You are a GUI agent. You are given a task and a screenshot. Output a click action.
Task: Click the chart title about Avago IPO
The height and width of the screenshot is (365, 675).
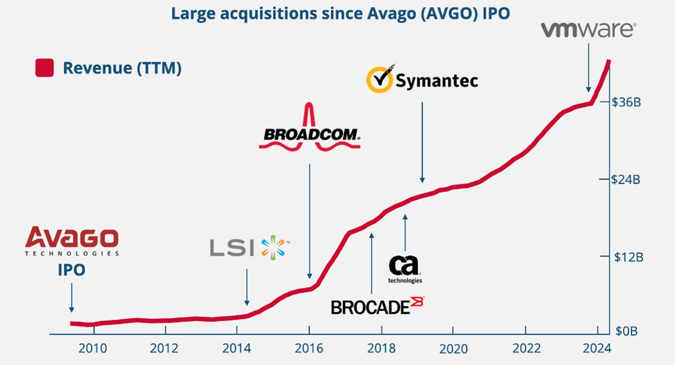click(340, 13)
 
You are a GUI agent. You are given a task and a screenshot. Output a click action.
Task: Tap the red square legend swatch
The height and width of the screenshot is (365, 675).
click(44, 68)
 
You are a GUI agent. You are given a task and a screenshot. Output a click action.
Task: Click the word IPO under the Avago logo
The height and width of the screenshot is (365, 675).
click(72, 270)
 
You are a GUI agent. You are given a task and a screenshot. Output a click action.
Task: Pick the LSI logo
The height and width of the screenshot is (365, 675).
click(249, 247)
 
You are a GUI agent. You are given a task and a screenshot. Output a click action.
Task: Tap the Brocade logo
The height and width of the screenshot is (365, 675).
click(378, 306)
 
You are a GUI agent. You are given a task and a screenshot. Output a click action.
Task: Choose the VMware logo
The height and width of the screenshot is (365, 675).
click(588, 30)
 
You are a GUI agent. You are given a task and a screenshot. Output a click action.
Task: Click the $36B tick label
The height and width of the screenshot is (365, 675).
click(627, 102)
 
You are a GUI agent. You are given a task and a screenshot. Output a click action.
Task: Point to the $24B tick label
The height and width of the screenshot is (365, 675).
click(627, 179)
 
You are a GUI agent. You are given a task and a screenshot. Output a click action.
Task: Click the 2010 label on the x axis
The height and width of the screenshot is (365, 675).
click(93, 348)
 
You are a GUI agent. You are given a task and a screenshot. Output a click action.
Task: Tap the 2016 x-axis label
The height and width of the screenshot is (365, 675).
click(309, 348)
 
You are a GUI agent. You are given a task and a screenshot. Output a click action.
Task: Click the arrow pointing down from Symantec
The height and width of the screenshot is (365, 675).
click(422, 142)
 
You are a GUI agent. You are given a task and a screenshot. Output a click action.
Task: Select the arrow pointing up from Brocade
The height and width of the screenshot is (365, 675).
click(372, 261)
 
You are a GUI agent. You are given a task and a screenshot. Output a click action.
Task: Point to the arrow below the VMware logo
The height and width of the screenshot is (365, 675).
click(588, 67)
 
